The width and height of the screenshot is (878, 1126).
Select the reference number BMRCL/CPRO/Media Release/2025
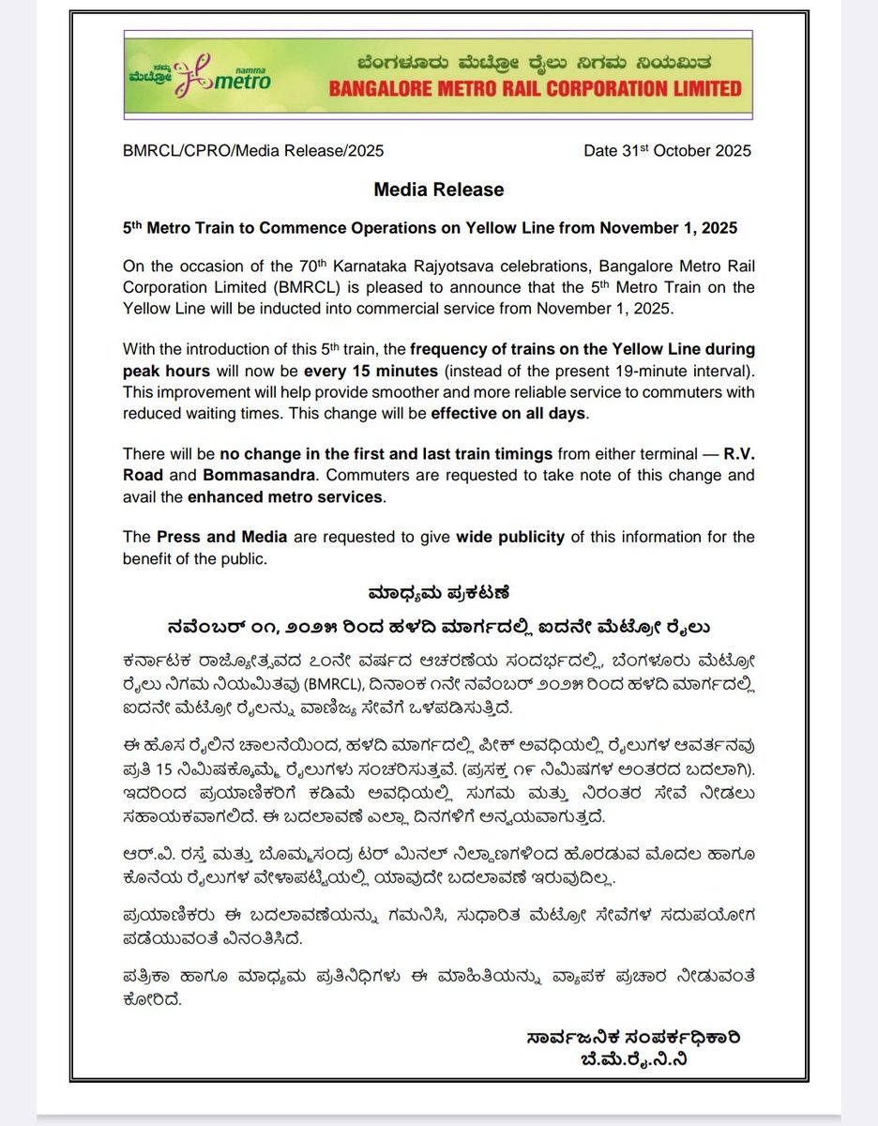pyautogui.click(x=252, y=150)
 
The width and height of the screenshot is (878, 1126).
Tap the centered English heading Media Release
pyautogui.click(x=438, y=190)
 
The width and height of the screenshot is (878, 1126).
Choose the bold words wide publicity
pyautogui.click(x=510, y=537)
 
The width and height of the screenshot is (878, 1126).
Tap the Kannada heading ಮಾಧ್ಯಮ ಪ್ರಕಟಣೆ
pyautogui.click(x=438, y=593)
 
